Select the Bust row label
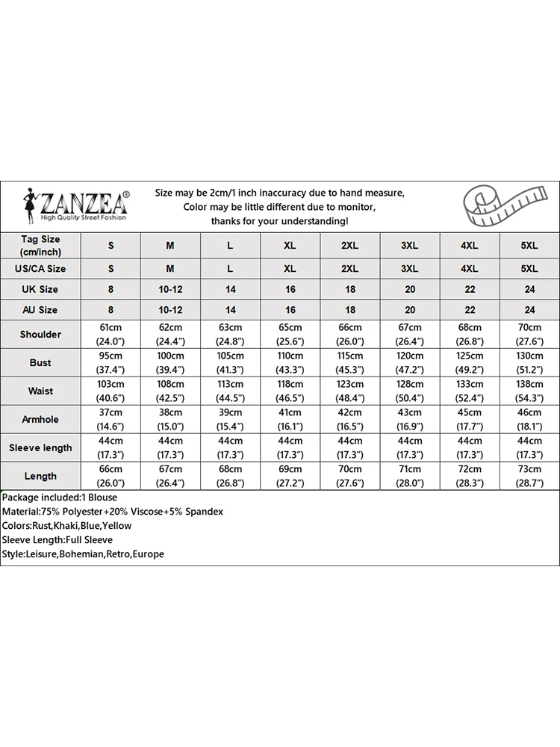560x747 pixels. (x=40, y=362)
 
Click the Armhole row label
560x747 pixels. (x=40, y=419)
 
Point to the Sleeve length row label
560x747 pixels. (x=40, y=447)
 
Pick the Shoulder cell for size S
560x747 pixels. (x=111, y=334)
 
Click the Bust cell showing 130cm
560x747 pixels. (x=529, y=362)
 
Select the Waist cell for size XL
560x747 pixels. (x=290, y=391)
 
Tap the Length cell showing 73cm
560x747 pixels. (x=529, y=476)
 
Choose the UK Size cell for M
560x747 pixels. (x=170, y=289)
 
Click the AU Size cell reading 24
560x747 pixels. (x=529, y=309)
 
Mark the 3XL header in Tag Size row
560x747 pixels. (x=409, y=245)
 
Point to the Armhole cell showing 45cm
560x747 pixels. (x=469, y=419)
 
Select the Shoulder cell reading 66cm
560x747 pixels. (x=349, y=334)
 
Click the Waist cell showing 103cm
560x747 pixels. (x=111, y=391)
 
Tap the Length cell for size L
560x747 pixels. (x=230, y=476)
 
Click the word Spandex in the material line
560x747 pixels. (x=204, y=512)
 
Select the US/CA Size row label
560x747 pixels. (x=40, y=268)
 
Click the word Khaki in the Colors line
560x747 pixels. (x=68, y=526)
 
